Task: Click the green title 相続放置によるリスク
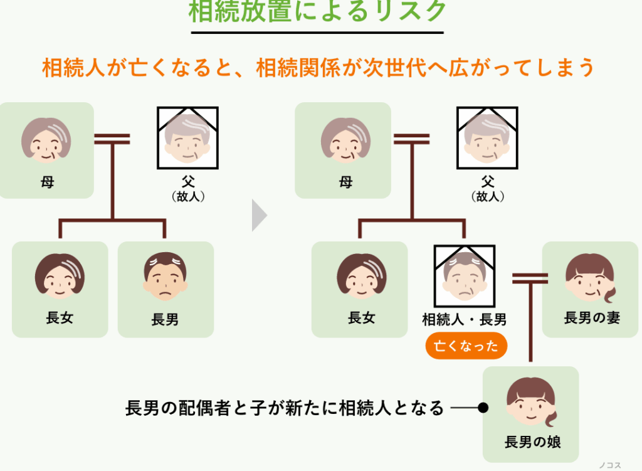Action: [318, 12]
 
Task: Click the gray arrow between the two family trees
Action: [259, 215]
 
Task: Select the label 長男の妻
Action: [592, 318]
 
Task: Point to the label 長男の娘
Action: [532, 442]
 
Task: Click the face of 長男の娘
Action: [530, 402]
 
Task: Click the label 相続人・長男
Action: [465, 320]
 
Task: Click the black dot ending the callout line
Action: [483, 408]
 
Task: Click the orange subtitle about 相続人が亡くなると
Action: [318, 68]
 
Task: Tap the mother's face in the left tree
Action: [46, 140]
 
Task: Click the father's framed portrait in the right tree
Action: [487, 139]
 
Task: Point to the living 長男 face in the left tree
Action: [165, 277]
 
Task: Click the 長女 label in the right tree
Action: [362, 318]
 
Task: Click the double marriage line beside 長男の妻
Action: [530, 278]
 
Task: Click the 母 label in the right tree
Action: [345, 183]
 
